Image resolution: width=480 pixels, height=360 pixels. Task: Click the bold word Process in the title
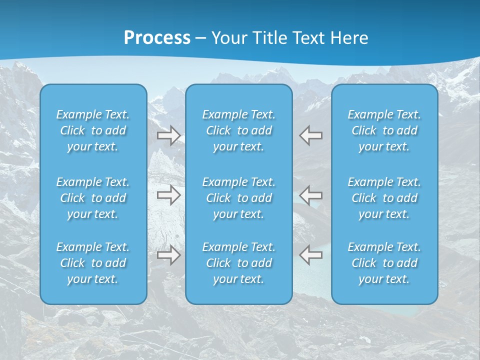point(157,37)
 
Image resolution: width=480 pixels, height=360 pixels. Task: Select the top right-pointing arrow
point(169,135)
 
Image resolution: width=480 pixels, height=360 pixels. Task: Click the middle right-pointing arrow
point(169,194)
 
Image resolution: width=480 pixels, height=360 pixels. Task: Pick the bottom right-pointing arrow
point(169,255)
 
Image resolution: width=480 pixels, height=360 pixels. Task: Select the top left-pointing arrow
point(311,135)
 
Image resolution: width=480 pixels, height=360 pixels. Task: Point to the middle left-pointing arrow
point(311,194)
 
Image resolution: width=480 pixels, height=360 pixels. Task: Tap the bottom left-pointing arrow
point(311,255)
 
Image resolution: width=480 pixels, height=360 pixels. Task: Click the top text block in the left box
point(93,130)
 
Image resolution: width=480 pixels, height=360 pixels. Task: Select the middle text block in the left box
point(93,198)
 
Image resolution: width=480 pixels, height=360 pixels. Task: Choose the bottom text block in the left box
point(93,263)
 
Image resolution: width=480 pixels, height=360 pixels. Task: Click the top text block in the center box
point(239,130)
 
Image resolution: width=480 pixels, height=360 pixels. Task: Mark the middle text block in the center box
point(239,198)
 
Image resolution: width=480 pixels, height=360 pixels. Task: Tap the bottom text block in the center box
point(239,263)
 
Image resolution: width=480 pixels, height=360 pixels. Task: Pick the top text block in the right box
point(384,130)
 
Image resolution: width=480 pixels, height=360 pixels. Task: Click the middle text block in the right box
point(384,198)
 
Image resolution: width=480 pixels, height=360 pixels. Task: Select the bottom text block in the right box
point(384,263)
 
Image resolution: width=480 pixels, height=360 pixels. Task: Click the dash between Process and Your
point(201,38)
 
